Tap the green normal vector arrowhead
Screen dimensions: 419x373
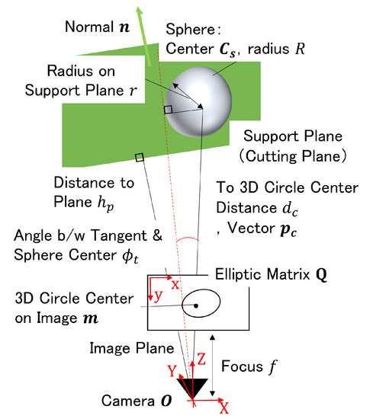click(x=120, y=11)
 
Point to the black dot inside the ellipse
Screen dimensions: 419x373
click(x=196, y=305)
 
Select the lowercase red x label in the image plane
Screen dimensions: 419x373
click(x=175, y=284)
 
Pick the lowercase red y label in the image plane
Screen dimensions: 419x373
click(x=158, y=296)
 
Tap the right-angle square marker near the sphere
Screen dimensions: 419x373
click(x=168, y=110)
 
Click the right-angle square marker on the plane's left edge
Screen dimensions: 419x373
click(x=139, y=158)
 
